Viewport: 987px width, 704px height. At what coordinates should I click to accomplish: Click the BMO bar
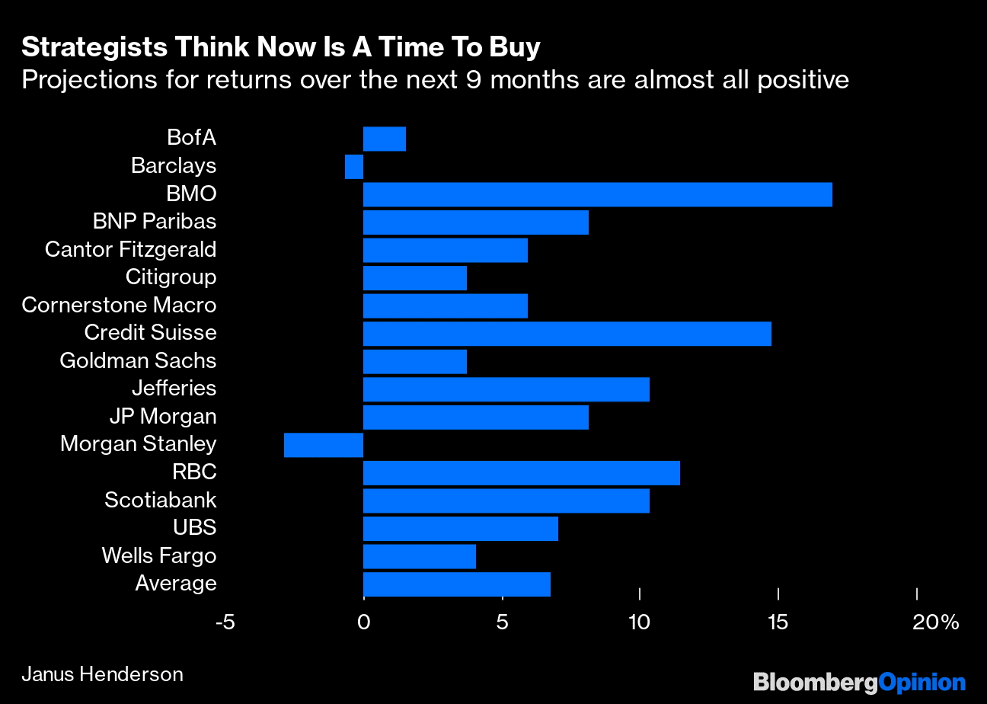click(x=597, y=194)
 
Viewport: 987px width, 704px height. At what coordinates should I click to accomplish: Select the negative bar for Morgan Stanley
click(x=324, y=445)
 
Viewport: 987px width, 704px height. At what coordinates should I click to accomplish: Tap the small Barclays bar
click(x=354, y=166)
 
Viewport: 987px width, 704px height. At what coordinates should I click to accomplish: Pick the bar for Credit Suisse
click(x=567, y=334)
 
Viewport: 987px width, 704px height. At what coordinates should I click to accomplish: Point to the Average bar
click(x=456, y=584)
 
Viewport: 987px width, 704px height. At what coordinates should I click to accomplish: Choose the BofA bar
click(x=384, y=139)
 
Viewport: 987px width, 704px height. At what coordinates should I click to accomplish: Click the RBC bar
click(x=521, y=473)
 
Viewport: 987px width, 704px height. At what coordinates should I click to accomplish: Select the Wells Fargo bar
click(x=419, y=556)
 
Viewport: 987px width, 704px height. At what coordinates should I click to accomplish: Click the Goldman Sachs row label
click(x=138, y=360)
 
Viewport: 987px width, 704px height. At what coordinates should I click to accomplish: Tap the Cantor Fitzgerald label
click(x=130, y=249)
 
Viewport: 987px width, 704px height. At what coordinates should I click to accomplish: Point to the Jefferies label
click(x=174, y=389)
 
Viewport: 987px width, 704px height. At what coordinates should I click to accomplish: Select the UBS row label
click(x=194, y=528)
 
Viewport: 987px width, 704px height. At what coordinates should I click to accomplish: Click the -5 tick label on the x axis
click(x=225, y=622)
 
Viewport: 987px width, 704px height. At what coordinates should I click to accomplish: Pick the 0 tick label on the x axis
click(x=363, y=622)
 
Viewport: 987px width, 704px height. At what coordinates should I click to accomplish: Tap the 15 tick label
click(x=778, y=622)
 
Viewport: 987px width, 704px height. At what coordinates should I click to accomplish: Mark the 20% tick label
click(x=935, y=622)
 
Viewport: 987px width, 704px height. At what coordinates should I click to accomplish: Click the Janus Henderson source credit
click(x=102, y=674)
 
